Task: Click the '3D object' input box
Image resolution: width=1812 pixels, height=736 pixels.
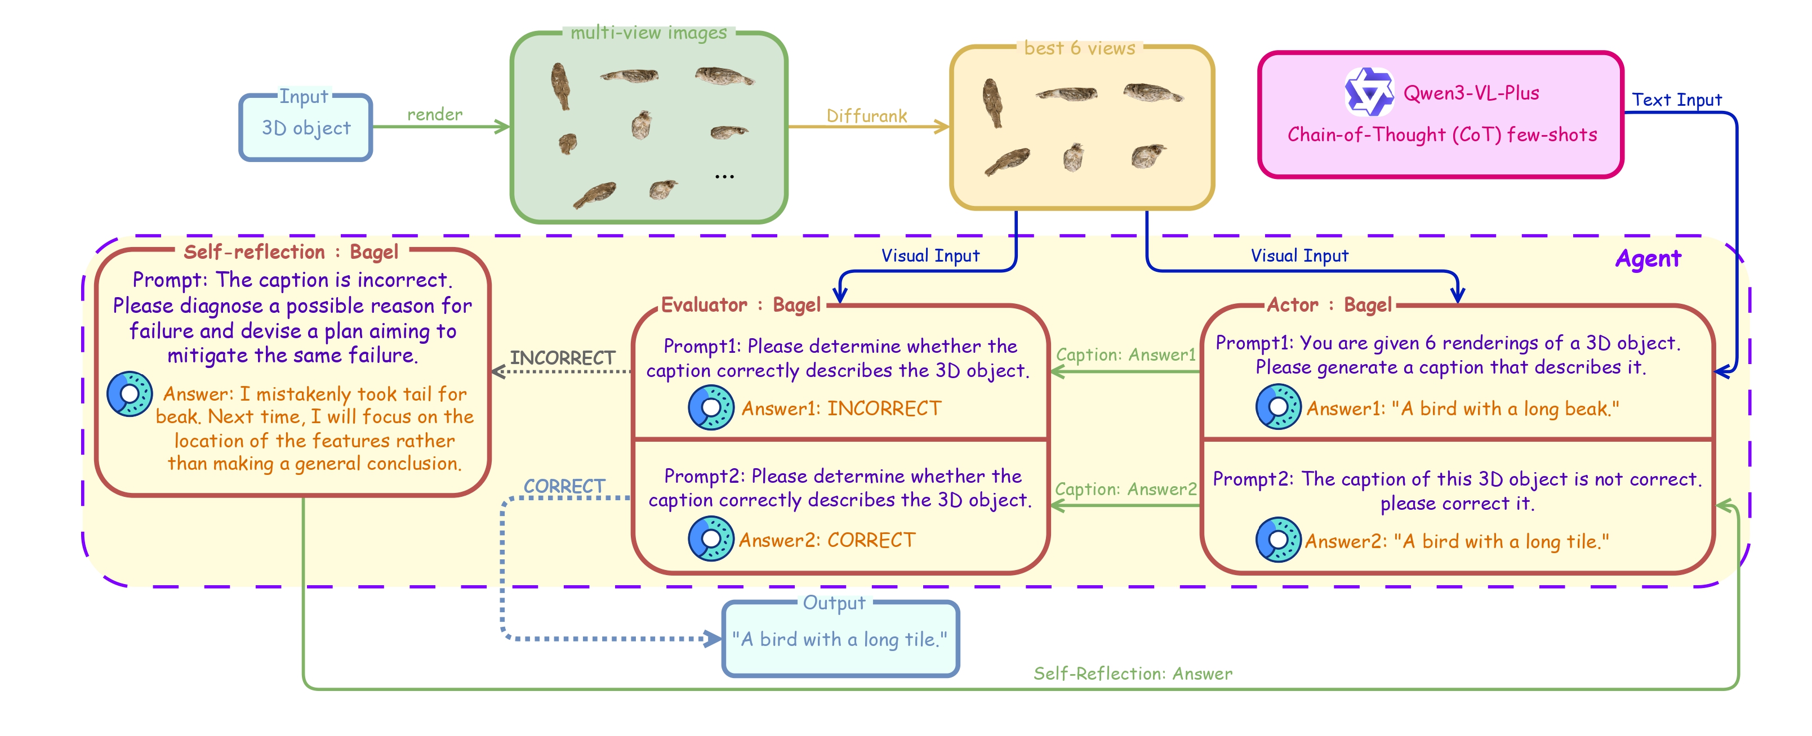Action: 306,128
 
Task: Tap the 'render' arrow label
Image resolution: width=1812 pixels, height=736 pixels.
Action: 435,115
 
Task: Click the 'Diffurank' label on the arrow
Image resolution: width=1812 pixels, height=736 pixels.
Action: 867,116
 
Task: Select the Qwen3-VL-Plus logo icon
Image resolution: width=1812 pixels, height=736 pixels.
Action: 1368,92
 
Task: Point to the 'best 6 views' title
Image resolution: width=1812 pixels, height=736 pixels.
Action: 1079,48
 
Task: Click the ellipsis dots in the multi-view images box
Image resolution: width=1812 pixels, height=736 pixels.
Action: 724,177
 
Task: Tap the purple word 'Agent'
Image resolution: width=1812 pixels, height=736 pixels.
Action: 1648,259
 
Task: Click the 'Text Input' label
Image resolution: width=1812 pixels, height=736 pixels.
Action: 1676,100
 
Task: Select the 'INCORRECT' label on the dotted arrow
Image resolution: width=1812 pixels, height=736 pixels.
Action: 562,358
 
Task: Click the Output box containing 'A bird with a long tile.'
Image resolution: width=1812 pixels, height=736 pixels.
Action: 840,640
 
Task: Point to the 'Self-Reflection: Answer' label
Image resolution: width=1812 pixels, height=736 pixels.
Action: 1133,674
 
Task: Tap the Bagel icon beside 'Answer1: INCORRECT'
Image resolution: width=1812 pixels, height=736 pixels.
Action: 710,408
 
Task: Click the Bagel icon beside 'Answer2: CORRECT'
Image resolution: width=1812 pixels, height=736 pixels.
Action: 710,539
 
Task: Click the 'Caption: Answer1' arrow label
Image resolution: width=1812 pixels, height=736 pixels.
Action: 1125,355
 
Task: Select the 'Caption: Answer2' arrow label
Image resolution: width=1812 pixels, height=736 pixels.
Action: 1125,490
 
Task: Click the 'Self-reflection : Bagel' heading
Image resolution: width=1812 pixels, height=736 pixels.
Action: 291,252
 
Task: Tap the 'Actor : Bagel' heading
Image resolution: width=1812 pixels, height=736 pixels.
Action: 1329,305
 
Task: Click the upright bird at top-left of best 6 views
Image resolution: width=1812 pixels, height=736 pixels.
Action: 992,102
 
